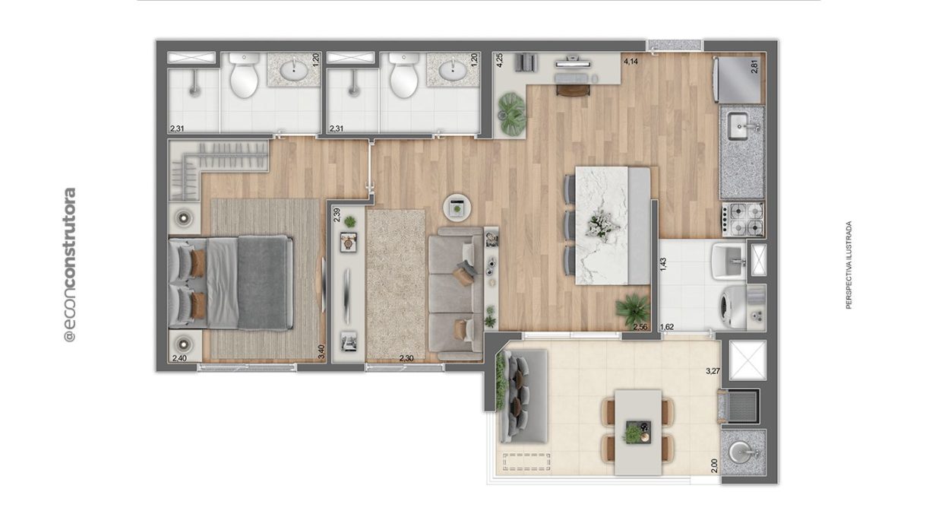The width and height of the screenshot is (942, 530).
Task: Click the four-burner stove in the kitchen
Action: click(x=743, y=219)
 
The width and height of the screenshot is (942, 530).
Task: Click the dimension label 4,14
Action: click(x=631, y=62)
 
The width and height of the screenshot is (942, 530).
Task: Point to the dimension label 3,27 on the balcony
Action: click(x=713, y=371)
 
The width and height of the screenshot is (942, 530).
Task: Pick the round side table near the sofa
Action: click(x=457, y=208)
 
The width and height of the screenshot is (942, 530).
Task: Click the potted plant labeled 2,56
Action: click(x=633, y=309)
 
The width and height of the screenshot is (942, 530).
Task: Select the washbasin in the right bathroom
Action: click(x=453, y=69)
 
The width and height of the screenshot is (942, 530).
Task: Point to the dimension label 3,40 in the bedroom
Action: click(x=321, y=351)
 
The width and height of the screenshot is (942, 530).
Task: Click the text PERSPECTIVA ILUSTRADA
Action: click(x=849, y=265)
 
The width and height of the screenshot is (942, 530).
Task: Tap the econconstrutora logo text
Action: click(x=69, y=265)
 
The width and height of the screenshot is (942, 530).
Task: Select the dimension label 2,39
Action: click(x=337, y=215)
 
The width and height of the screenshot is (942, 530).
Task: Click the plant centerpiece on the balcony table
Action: click(x=633, y=433)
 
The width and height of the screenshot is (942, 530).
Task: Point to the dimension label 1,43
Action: click(x=663, y=265)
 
